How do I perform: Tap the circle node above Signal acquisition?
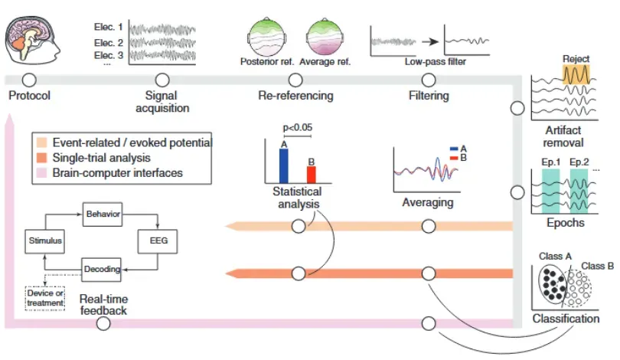(x=162, y=80)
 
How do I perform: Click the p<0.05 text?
(x=298, y=127)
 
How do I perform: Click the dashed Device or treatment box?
(x=45, y=296)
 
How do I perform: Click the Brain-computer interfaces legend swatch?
(x=39, y=172)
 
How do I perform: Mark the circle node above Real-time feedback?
(x=103, y=323)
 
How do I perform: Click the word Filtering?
(x=428, y=96)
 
